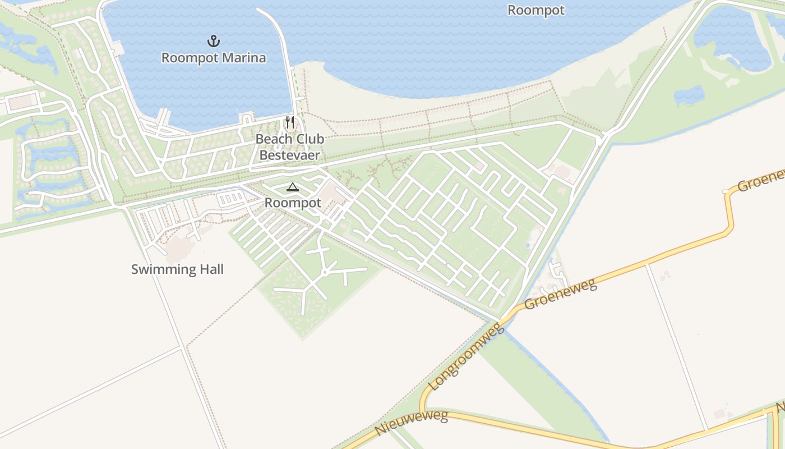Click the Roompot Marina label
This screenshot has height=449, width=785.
click(214, 58)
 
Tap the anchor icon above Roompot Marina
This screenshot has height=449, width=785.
click(214, 41)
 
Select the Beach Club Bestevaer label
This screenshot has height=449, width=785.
click(290, 147)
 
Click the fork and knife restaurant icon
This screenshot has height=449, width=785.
click(290, 122)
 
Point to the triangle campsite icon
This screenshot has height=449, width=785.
click(292, 187)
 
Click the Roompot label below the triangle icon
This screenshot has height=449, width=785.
click(293, 203)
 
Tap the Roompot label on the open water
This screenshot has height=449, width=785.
click(535, 10)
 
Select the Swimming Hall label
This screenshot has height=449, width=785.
click(177, 269)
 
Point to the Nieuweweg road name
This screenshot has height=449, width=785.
click(412, 423)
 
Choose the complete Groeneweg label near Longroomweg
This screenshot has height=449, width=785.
click(560, 294)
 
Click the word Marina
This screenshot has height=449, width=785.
click(242, 58)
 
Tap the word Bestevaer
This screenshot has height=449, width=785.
click(290, 155)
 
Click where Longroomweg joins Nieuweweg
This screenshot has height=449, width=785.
click(422, 411)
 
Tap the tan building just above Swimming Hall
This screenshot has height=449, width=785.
click(179, 246)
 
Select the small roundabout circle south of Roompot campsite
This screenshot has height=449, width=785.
click(324, 273)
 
